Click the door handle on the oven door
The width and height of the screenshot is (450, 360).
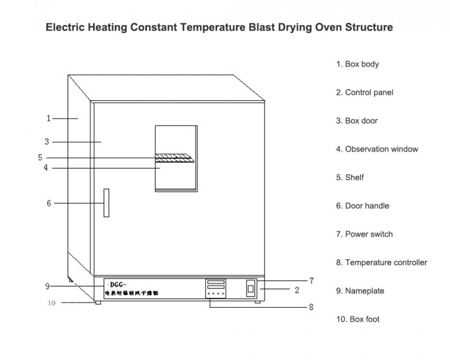(x=106, y=203)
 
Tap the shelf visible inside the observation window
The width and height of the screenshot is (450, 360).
(x=174, y=157)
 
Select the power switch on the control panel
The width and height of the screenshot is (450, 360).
(x=251, y=289)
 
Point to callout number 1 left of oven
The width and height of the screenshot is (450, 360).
(x=49, y=118)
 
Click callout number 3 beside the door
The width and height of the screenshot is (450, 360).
(x=46, y=141)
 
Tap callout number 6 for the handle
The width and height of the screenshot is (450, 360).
(x=49, y=203)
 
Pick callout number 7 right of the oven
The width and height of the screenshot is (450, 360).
(x=312, y=281)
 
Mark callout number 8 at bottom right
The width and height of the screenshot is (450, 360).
(x=312, y=307)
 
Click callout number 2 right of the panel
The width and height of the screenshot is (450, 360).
(x=297, y=290)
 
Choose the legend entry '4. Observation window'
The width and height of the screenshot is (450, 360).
(x=377, y=149)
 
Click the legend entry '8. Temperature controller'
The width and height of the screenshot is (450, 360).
(x=381, y=263)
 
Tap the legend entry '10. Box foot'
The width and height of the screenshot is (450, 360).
(x=357, y=319)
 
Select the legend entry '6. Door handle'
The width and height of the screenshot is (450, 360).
(x=362, y=206)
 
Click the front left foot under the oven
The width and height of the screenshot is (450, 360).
(x=97, y=302)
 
